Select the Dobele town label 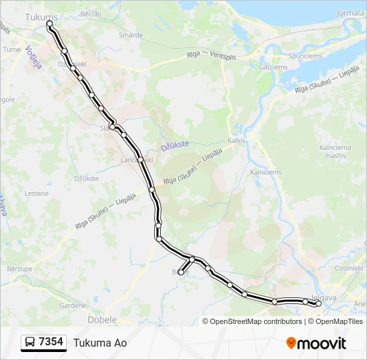pos(103,319)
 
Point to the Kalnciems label pos(266,172)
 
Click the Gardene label pos(73,305)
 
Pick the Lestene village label pos(36,193)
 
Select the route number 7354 pos(51,342)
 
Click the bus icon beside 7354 pos(30,343)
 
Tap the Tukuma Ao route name pos(100,343)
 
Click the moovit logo pos(316,343)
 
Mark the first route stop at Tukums pos(49,23)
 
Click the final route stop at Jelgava pos(318,304)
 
